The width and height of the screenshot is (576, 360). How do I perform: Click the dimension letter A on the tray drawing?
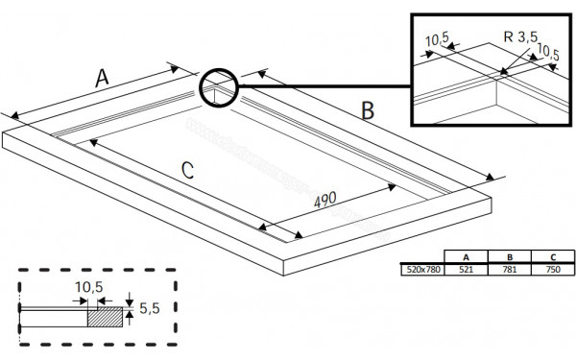pos(102,80)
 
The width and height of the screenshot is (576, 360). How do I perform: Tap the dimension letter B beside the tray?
pos(366,110)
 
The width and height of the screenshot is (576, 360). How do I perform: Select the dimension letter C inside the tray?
pos(188,171)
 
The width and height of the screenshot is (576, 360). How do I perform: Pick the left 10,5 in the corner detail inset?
pos(438,39)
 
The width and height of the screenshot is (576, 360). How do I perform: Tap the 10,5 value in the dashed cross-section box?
pos(91,286)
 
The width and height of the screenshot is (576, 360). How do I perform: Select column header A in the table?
pos(465,258)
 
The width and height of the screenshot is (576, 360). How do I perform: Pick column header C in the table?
pos(551,258)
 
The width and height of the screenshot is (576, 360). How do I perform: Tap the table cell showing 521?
pos(465,271)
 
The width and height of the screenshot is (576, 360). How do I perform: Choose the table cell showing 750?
pos(551,271)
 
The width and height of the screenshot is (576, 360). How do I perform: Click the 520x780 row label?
pos(419,271)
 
